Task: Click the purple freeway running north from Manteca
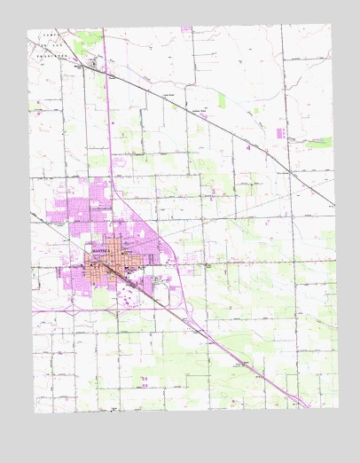point(110,133)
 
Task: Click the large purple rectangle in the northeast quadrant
point(281,133)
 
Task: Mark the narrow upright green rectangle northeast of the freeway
point(221,100)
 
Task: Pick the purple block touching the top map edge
point(186,29)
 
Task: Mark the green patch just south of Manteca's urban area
point(101,300)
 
